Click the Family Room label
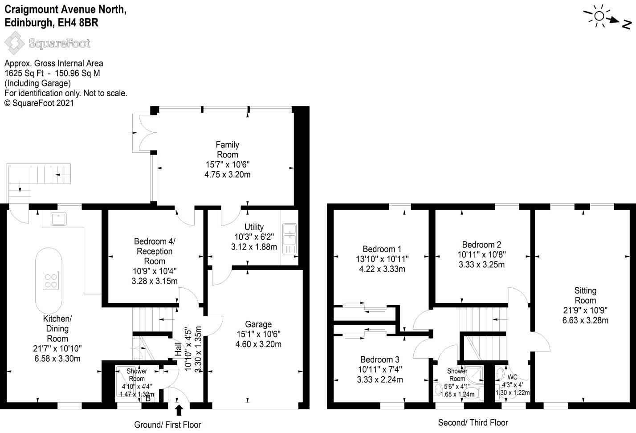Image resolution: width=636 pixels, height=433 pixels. click(227, 150)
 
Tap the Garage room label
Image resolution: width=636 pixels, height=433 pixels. click(258, 324)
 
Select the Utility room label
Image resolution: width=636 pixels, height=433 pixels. click(254, 227)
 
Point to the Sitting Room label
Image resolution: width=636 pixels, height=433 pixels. click(585, 295)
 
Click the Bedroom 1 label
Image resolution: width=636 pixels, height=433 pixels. click(382, 249)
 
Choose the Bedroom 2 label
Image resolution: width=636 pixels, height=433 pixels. click(481, 245)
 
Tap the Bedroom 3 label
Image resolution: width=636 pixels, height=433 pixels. click(379, 359)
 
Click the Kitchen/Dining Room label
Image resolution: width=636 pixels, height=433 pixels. click(57, 328)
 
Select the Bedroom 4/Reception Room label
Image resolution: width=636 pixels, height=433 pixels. click(155, 251)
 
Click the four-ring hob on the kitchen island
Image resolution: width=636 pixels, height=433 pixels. click(50, 280)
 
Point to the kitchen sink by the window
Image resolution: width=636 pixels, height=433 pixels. click(59, 219)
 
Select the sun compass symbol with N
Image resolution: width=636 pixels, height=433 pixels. click(608, 18)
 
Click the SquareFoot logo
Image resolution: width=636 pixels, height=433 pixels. click(48, 44)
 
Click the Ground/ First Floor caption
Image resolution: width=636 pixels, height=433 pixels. click(167, 425)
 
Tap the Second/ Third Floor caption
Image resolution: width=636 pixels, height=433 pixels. click(473, 422)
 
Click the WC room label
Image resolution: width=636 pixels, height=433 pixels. click(512, 377)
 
